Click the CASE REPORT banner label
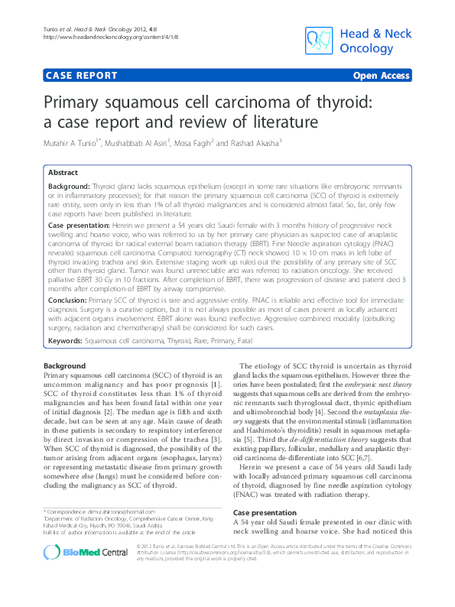[82, 76]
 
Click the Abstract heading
[65, 174]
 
